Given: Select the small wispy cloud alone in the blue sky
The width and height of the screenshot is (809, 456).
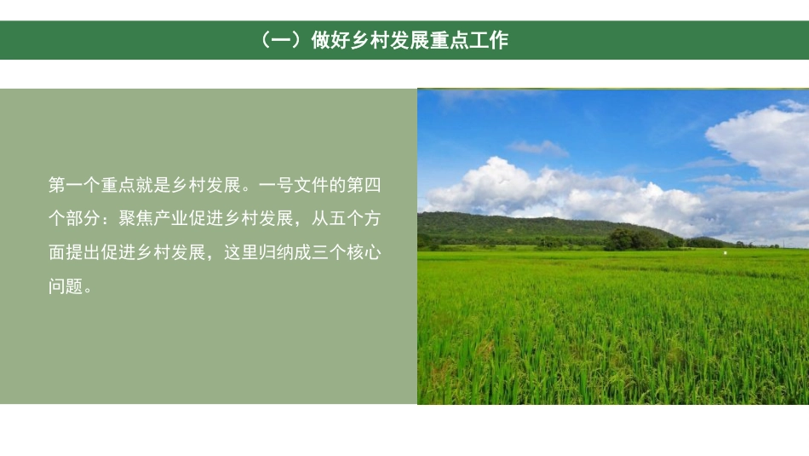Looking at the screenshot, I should click(538, 147).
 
